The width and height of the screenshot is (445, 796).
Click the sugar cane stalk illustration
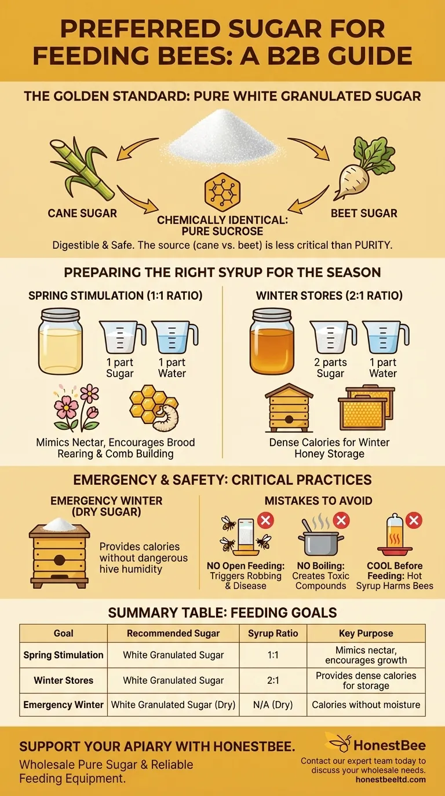(79, 168)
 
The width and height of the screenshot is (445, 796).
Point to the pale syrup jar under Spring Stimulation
(60, 341)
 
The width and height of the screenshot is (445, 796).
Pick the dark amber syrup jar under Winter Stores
(272, 341)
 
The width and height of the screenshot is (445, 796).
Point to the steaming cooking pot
(319, 541)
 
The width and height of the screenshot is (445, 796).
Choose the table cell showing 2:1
(273, 680)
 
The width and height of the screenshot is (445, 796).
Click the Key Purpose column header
(366, 633)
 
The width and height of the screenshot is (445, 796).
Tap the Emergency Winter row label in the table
(63, 705)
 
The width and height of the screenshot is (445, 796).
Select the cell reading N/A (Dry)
(273, 705)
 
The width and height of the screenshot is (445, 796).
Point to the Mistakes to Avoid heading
(318, 501)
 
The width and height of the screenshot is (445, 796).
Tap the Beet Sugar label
(364, 213)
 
